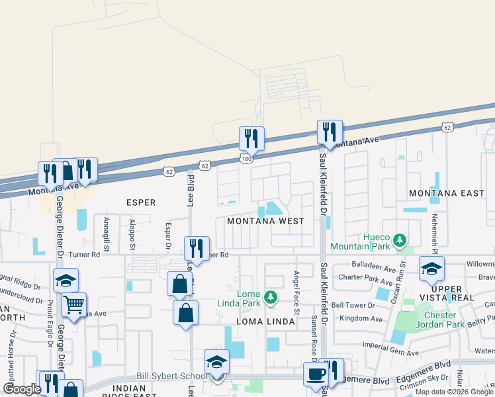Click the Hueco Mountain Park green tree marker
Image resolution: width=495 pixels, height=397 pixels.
click(399, 239)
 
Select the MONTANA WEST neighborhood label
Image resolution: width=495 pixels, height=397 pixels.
click(265, 221)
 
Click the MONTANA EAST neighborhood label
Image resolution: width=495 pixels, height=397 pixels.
click(447, 193)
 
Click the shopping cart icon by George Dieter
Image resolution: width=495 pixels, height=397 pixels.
click(73, 305)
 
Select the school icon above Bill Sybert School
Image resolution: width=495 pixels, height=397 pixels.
click(216, 361)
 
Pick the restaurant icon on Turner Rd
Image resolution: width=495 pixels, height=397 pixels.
click(196, 248)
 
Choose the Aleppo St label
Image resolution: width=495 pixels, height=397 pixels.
click(132, 232)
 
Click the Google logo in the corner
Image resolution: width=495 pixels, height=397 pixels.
click(22, 389)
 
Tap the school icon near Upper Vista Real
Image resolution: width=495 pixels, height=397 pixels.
click(431, 269)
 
